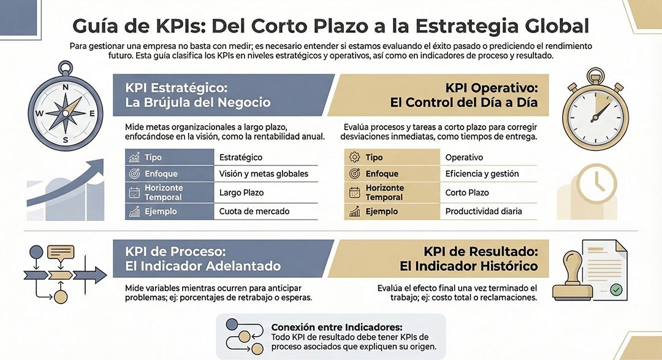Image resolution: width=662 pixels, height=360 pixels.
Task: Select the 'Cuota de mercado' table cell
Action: pyautogui.click(x=254, y=212)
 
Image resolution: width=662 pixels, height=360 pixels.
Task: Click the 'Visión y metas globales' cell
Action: pyautogui.click(x=264, y=174)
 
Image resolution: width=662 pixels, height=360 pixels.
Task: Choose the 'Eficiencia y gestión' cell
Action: pyautogui.click(x=482, y=174)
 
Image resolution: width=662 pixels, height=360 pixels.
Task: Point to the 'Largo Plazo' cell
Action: pyautogui.click(x=241, y=193)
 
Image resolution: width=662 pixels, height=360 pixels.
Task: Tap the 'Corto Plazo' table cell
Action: pyautogui.click(x=467, y=193)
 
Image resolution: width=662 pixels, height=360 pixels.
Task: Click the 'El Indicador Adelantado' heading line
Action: pyautogui.click(x=202, y=266)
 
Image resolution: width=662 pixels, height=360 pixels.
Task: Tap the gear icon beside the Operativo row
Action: pyautogui.click(x=354, y=158)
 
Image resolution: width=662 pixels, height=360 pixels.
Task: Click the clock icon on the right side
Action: pyautogui.click(x=596, y=182)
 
